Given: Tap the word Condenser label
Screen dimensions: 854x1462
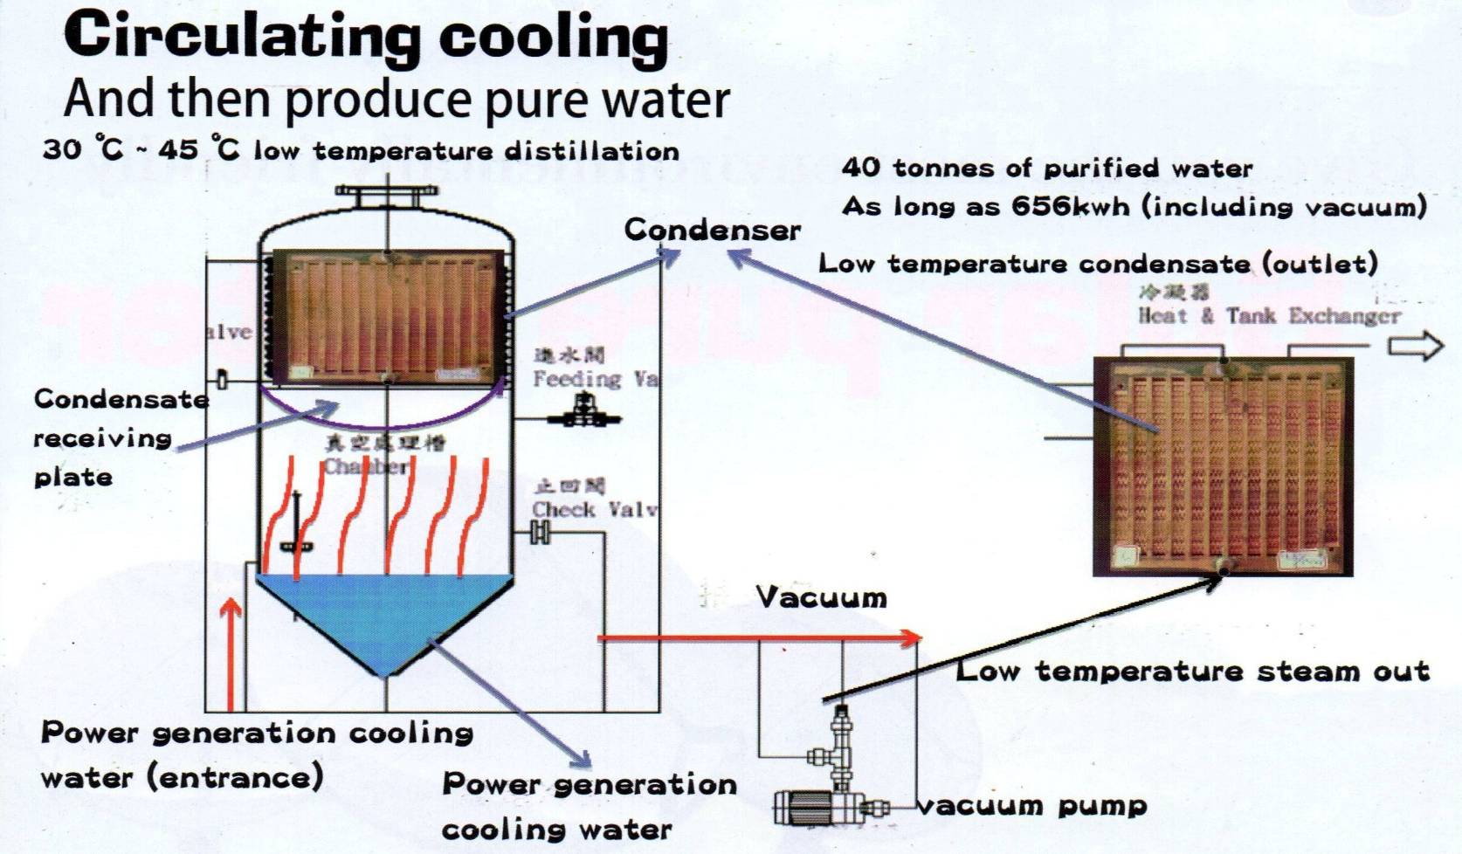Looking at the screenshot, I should [x=712, y=230].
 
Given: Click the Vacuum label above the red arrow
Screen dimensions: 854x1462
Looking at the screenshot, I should [x=821, y=598].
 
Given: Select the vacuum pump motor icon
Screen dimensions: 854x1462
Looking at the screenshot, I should [x=802, y=807].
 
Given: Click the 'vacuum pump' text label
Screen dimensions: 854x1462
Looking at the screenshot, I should [x=1032, y=805].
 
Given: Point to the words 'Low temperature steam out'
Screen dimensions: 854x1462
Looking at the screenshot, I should [x=1192, y=671].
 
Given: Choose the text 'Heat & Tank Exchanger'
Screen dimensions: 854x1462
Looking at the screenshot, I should [x=1268, y=316].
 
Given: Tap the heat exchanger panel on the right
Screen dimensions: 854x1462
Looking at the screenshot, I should [x=1223, y=467].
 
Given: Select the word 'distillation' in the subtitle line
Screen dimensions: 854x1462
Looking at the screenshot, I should [x=592, y=151].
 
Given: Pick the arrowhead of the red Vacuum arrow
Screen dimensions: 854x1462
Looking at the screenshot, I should [x=912, y=638].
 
